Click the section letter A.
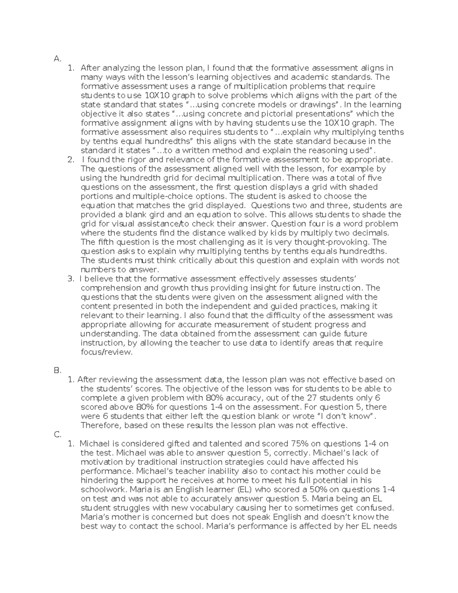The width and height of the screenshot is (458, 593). tap(57, 59)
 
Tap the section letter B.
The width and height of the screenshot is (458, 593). tap(57, 370)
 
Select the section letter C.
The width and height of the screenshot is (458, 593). tap(57, 435)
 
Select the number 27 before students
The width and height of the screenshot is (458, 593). tap(312, 398)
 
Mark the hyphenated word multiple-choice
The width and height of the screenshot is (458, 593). tap(172, 196)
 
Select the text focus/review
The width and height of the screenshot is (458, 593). tap(106, 352)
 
